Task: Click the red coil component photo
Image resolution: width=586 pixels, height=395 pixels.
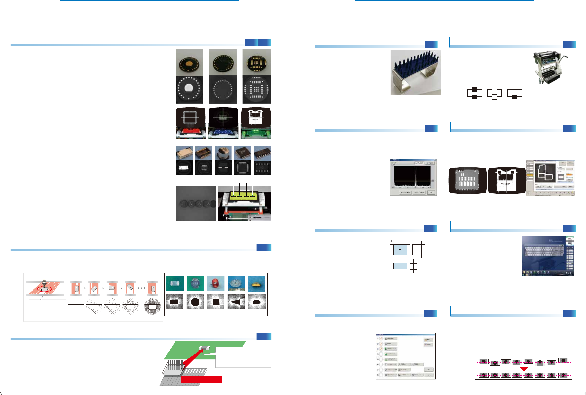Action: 216,283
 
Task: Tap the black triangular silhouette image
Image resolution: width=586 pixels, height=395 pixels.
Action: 236,301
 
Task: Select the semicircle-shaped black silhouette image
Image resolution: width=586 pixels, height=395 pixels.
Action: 257,301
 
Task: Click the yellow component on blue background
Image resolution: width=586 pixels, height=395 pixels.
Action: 257,284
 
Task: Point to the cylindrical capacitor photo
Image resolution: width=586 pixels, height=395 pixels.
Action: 223,153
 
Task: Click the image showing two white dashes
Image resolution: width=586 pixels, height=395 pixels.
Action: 223,167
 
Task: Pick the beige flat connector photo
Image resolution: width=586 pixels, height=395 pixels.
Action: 184,153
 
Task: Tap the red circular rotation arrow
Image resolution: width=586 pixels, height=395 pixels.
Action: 44,289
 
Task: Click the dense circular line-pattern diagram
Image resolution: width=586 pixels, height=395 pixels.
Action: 152,306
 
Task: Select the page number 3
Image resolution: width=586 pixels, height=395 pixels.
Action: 1,393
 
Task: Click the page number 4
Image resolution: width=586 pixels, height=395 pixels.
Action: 585,393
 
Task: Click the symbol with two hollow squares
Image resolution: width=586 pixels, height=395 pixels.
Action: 494,93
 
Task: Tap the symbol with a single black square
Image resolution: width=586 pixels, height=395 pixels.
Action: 514,94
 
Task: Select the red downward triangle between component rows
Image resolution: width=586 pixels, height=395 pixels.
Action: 524,369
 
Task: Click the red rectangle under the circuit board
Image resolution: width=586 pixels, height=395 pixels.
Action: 201,379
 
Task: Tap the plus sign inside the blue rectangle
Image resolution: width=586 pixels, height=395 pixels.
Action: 400,250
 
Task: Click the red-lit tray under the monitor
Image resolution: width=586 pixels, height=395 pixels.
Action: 190,133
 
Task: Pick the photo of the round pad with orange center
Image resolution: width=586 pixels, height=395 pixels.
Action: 189,62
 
